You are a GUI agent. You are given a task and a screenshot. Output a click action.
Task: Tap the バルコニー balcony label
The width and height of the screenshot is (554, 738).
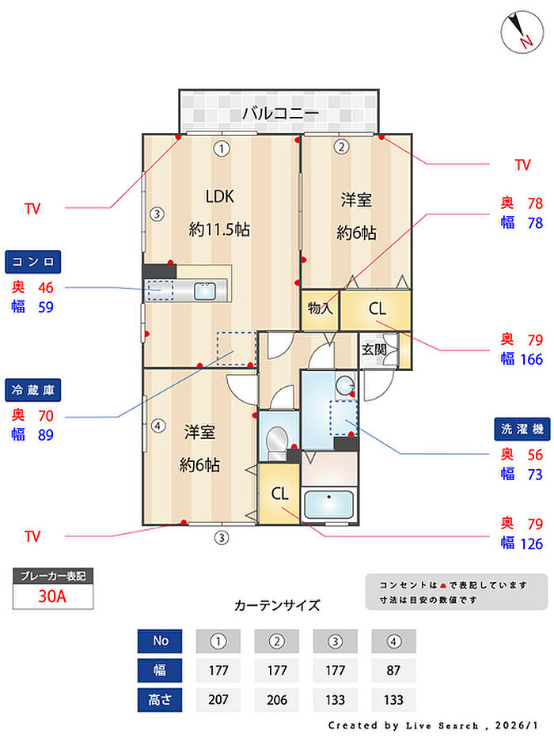coord(280,113)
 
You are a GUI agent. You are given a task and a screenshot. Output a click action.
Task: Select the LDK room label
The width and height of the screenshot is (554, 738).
coord(220,196)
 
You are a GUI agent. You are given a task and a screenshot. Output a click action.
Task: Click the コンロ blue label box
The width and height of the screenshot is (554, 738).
coord(33,261)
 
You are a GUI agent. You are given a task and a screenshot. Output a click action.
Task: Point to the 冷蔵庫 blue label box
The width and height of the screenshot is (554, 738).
coord(33,389)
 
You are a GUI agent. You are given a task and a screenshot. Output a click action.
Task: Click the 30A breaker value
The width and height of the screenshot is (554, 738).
coord(53,596)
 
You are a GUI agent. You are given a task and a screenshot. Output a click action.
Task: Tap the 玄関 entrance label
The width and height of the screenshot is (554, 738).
coord(374,349)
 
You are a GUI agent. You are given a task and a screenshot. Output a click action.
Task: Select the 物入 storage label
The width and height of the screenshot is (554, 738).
coord(320,309)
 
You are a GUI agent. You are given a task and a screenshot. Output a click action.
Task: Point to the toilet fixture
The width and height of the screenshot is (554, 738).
coord(277,440)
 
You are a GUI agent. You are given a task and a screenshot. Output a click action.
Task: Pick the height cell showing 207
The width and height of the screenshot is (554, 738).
coord(218,699)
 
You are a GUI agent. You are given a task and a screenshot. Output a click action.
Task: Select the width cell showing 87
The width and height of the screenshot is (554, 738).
coord(393,670)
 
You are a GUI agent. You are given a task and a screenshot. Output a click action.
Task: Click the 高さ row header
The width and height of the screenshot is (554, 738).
coord(160,699)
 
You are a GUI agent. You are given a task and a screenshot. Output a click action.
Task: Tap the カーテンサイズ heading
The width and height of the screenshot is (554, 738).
coord(277,606)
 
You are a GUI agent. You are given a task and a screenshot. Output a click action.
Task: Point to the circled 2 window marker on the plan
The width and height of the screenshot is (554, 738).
coord(341,146)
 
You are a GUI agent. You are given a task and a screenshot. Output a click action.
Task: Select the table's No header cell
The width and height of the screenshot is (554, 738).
coord(160,641)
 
